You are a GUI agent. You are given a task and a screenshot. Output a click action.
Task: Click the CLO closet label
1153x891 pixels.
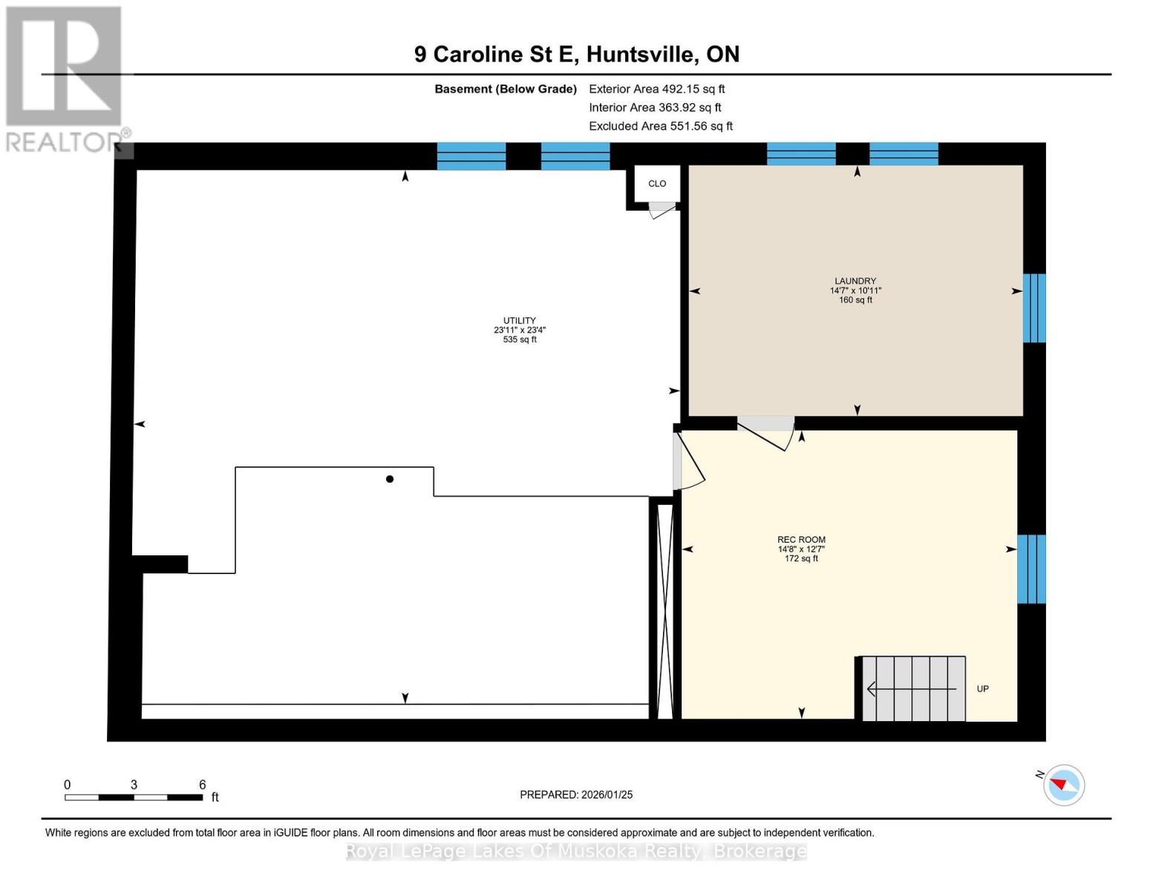click(x=657, y=183)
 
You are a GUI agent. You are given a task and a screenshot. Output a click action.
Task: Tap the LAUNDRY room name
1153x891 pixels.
click(x=855, y=281)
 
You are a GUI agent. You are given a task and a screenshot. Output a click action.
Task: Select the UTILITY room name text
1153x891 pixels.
click(x=520, y=321)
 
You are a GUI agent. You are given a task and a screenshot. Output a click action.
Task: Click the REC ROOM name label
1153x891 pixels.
click(x=801, y=540)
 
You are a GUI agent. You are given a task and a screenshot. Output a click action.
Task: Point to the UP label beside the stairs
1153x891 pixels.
click(x=982, y=689)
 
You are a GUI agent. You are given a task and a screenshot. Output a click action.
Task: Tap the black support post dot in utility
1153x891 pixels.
click(x=390, y=479)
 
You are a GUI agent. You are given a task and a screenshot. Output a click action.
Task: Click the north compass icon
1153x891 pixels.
click(x=1063, y=785)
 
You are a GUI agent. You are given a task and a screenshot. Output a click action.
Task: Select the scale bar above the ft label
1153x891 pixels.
click(x=134, y=797)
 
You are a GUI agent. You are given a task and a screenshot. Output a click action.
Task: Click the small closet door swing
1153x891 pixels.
click(x=662, y=210)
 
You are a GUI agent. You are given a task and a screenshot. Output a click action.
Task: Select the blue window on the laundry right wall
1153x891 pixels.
click(x=1034, y=308)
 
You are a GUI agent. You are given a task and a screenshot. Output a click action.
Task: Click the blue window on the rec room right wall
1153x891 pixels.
click(x=1031, y=569)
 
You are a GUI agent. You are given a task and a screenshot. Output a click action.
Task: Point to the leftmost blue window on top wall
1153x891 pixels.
click(x=471, y=156)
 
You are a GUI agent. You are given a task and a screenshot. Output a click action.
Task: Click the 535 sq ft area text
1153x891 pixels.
click(x=520, y=340)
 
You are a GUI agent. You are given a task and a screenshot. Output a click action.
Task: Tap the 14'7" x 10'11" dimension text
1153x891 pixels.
click(x=855, y=291)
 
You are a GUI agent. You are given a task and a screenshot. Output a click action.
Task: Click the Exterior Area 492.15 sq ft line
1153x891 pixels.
click(x=656, y=89)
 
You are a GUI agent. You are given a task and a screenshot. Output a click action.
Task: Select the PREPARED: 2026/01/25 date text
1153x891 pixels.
click(x=576, y=794)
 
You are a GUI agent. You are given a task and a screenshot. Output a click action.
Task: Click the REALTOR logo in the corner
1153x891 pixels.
click(x=65, y=78)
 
